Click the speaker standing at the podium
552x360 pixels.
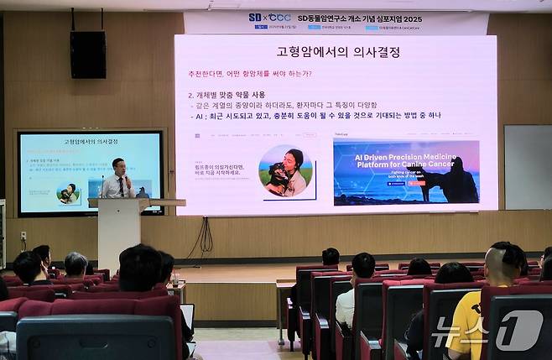[118, 179]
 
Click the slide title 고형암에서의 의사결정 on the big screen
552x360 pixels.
[337, 52]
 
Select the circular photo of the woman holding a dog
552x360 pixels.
[286, 170]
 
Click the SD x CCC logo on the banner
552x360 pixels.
[269, 17]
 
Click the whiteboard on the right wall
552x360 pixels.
[527, 167]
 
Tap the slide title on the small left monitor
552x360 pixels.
[91, 142]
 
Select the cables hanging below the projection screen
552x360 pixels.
[203, 236]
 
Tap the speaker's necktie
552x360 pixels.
[121, 185]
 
